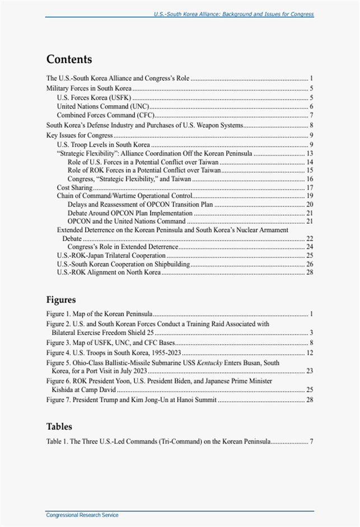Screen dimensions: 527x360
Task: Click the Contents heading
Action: [69, 59]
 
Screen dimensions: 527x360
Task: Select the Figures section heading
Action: [60, 299]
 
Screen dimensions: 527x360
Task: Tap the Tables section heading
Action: [59, 427]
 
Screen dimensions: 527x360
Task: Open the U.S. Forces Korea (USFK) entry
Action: [94, 98]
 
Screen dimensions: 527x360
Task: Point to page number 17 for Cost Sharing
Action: [310, 187]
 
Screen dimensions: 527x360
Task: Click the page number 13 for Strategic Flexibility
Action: [310, 153]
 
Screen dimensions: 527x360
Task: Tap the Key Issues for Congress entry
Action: [80, 135]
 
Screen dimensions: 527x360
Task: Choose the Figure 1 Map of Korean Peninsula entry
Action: [100, 313]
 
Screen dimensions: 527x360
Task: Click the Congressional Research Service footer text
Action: [82, 515]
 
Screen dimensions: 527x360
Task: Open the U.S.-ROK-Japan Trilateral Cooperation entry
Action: [111, 255]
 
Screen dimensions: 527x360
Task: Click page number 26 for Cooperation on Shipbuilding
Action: [310, 263]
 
